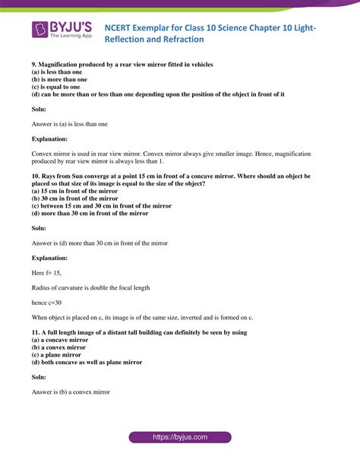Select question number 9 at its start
point(34,65)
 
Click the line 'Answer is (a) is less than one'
point(69,124)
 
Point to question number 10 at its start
point(36,176)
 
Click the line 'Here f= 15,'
point(46,273)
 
